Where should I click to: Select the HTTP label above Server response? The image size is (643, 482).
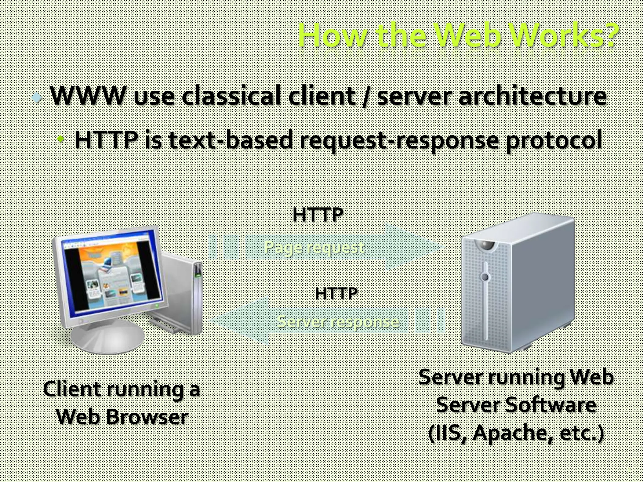[x=336, y=294]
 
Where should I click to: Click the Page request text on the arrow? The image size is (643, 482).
[x=314, y=247]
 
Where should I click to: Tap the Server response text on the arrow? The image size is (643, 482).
[x=338, y=322]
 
